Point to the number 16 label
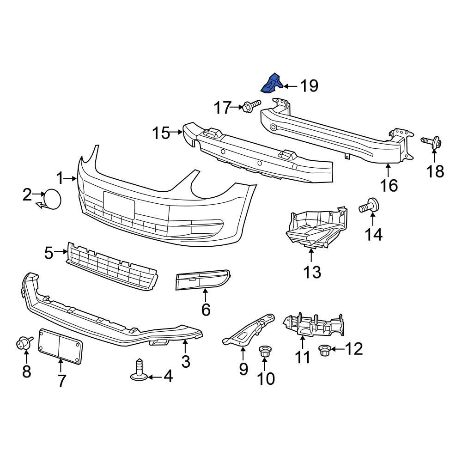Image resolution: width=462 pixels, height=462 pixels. (x=389, y=185)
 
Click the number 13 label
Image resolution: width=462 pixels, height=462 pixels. (x=312, y=272)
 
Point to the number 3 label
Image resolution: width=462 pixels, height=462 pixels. (x=185, y=361)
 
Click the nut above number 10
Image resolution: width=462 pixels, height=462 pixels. (x=265, y=352)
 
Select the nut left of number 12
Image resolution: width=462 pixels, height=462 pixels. (x=325, y=350)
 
